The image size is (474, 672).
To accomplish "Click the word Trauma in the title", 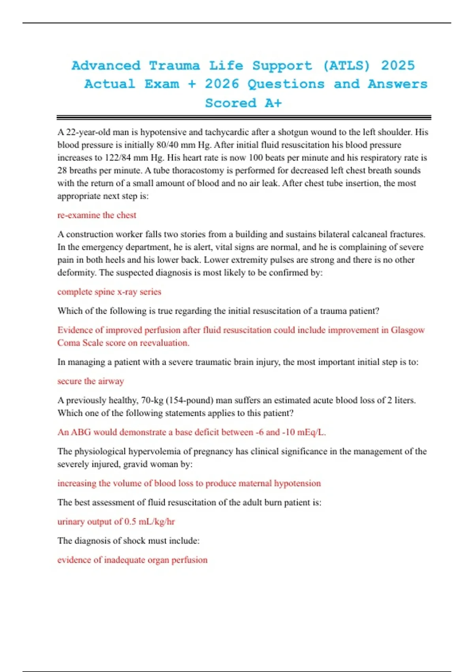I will click(174, 66).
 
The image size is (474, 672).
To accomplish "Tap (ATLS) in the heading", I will click(346, 66).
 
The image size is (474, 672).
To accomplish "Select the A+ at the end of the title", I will click(273, 103).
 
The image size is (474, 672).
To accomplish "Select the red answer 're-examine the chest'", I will click(97, 215).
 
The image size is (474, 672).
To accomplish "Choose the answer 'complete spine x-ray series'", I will click(109, 292).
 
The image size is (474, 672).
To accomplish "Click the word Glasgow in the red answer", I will click(408, 330).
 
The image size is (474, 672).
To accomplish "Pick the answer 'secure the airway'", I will click(90, 381).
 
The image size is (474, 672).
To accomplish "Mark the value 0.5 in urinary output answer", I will click(130, 521).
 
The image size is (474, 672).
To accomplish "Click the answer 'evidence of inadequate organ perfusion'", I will click(132, 560).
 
